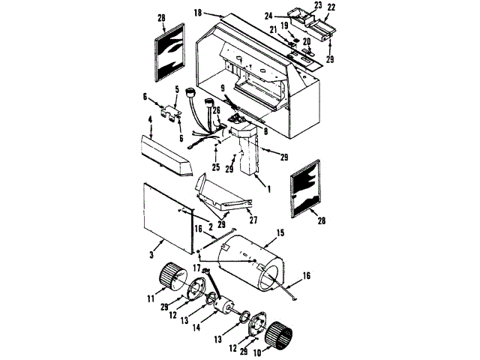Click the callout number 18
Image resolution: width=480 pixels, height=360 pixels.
[x=198, y=13]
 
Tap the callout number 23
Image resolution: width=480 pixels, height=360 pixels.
[x=318, y=5]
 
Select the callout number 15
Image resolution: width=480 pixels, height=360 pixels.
[x=280, y=233]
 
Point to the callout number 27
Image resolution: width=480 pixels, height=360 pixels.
[x=253, y=220]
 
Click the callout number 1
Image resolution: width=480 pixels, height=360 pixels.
[x=269, y=190]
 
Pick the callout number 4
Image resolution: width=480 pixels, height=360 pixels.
[x=150, y=119]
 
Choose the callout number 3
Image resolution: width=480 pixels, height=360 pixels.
[x=151, y=254]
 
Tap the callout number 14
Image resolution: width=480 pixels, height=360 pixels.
[x=196, y=327]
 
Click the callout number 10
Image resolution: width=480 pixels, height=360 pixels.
[x=257, y=352]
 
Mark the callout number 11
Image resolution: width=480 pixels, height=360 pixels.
[x=151, y=298]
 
